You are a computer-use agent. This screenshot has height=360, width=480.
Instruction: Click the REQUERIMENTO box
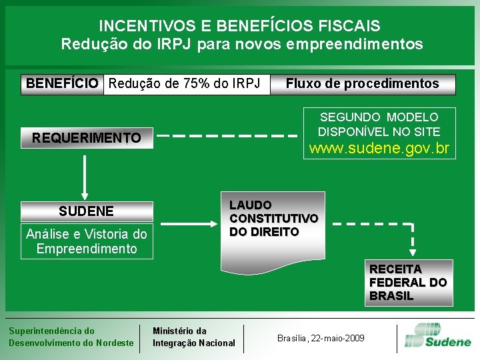[x=87, y=138]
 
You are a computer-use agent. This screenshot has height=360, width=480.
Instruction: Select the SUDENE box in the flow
[x=87, y=211]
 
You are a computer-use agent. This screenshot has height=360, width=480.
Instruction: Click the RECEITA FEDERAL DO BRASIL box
[x=408, y=283]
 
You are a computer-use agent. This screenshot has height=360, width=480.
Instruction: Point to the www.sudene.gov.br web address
[x=379, y=148]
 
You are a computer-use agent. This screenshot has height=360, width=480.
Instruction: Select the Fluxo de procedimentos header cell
[x=362, y=84]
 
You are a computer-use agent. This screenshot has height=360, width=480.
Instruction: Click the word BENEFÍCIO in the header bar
[x=63, y=84]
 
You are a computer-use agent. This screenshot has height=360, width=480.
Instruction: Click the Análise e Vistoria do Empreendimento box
[x=87, y=241]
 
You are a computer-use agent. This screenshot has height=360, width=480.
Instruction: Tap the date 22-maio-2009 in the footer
[x=340, y=339]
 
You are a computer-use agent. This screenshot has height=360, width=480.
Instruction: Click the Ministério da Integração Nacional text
[x=194, y=337]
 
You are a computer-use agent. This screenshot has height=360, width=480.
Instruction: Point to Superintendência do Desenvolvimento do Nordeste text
[x=71, y=337]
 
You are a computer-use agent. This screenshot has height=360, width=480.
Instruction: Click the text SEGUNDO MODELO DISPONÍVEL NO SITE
[x=379, y=125]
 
